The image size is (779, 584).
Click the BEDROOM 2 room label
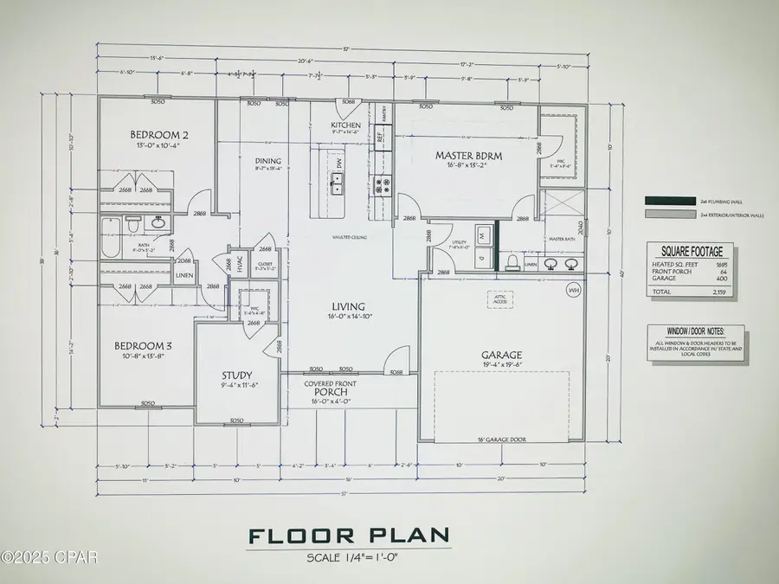(159, 135)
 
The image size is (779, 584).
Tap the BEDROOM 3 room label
(143, 346)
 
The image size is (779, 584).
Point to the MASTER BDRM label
(468, 155)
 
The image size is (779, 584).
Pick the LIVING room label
(346, 306)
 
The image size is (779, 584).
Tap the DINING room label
(268, 160)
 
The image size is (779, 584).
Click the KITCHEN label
(345, 125)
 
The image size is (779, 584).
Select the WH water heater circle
(572, 289)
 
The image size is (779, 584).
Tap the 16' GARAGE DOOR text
(501, 439)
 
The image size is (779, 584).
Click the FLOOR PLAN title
(350, 536)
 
